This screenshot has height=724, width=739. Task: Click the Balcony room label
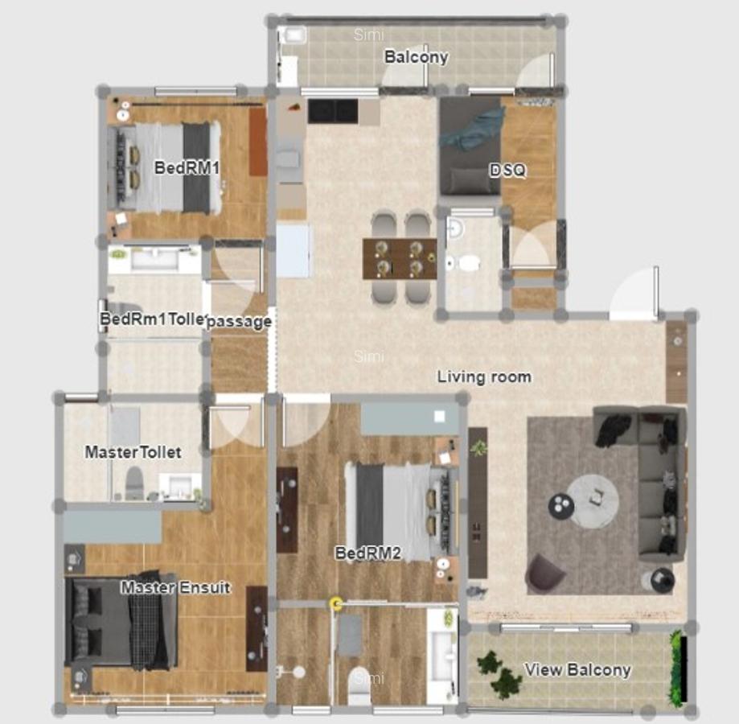click(416, 57)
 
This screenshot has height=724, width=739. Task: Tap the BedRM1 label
click(187, 168)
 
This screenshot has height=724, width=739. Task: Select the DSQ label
click(507, 171)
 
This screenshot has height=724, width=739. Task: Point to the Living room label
click(484, 376)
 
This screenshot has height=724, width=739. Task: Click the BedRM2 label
click(367, 553)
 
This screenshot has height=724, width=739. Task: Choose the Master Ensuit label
click(175, 588)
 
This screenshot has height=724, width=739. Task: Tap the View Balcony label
click(577, 669)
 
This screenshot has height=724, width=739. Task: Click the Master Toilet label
click(133, 453)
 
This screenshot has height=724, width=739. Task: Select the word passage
click(239, 321)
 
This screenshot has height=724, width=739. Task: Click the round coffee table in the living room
click(593, 500)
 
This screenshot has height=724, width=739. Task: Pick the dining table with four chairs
click(399, 257)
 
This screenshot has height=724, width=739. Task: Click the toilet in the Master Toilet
click(134, 483)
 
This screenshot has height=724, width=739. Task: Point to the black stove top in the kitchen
click(333, 111)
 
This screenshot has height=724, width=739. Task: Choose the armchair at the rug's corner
click(546, 573)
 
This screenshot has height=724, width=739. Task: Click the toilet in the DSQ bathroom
click(465, 262)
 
